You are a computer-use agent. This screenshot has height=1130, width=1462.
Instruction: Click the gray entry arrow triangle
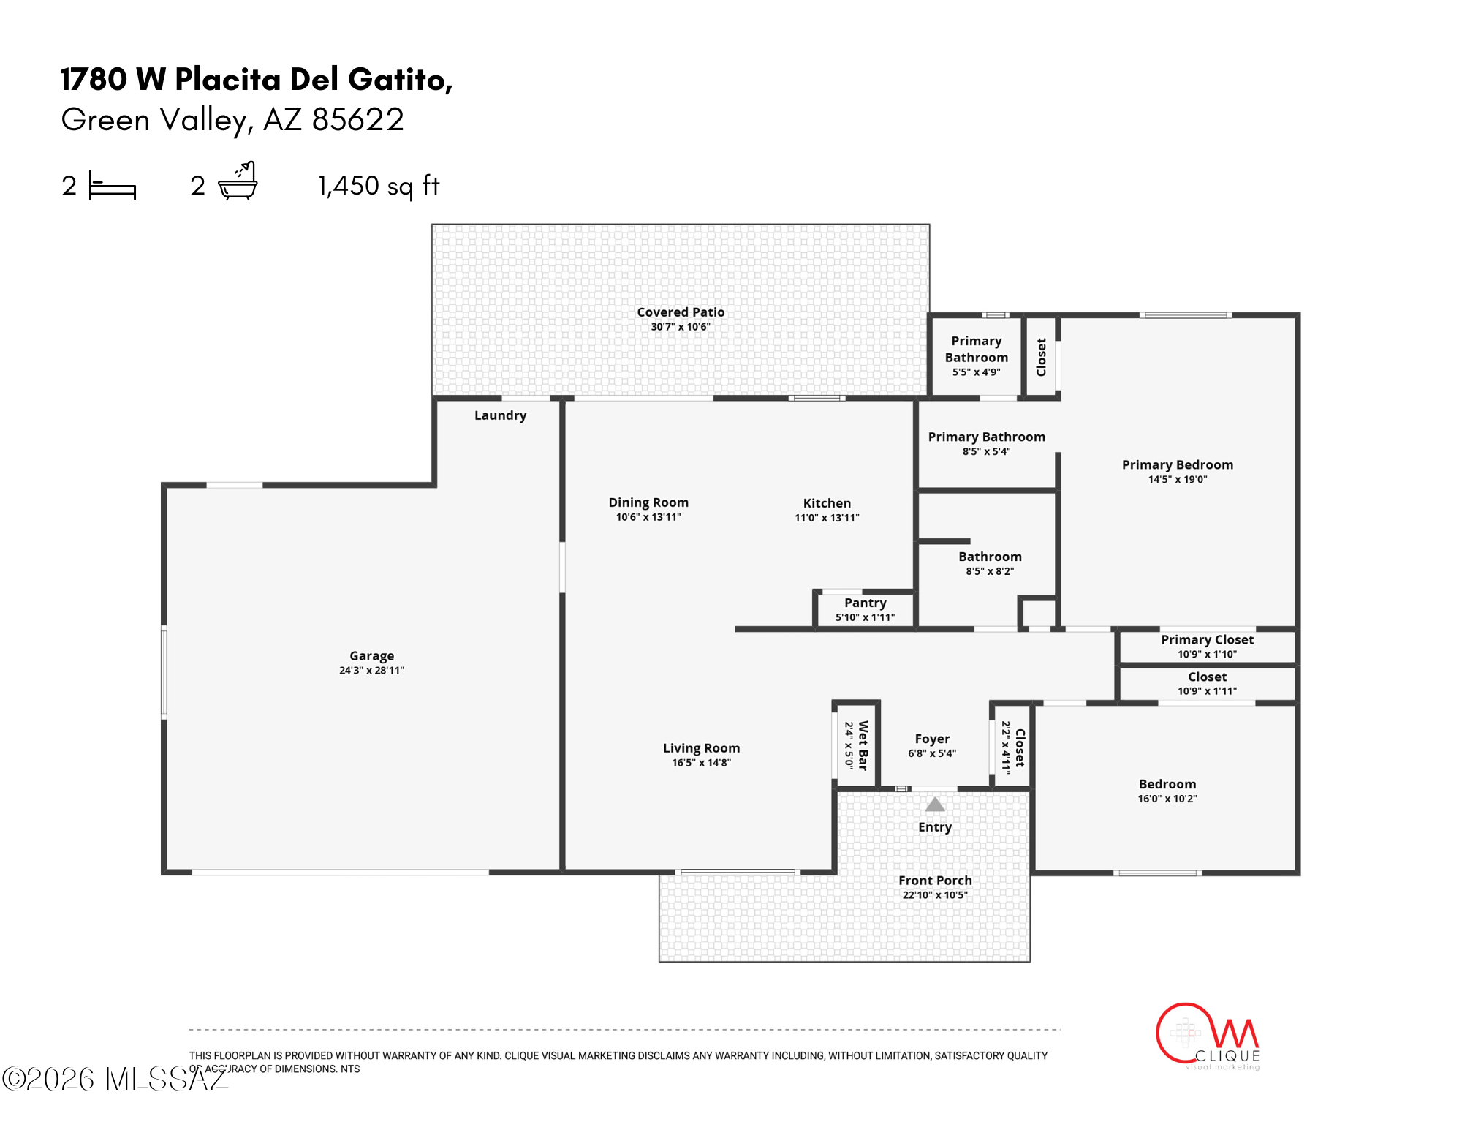[x=935, y=805]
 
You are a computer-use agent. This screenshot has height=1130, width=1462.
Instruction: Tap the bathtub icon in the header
[x=238, y=181]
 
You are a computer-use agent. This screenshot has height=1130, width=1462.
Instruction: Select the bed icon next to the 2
[x=113, y=185]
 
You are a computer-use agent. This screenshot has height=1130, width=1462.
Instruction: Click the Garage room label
[x=371, y=656]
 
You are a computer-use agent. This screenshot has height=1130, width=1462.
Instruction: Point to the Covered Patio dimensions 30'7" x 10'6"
[x=681, y=327]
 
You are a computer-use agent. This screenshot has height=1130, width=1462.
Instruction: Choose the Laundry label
[x=501, y=415]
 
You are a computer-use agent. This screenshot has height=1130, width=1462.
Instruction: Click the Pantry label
[x=866, y=603]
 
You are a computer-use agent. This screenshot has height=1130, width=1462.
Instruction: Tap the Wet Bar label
[x=863, y=745]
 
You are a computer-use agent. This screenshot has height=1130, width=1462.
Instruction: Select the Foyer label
[x=932, y=739]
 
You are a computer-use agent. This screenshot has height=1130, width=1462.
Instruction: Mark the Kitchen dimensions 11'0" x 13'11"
[x=827, y=518]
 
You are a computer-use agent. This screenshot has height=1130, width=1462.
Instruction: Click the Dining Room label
[x=648, y=502]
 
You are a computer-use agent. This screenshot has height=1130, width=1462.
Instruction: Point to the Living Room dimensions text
[x=701, y=763]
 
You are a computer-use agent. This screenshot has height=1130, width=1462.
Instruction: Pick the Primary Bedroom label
[x=1178, y=464]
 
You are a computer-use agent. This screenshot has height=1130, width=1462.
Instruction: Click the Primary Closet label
[x=1208, y=639]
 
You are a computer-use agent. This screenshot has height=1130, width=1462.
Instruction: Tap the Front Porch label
[x=935, y=881]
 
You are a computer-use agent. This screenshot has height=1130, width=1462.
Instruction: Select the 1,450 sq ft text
[x=379, y=186]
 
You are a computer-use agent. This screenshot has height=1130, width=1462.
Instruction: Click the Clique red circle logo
[x=1185, y=1033]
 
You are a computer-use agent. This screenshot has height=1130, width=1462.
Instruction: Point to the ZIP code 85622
[x=357, y=119]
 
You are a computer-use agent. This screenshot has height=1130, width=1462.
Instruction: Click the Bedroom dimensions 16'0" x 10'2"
[x=1167, y=799]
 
